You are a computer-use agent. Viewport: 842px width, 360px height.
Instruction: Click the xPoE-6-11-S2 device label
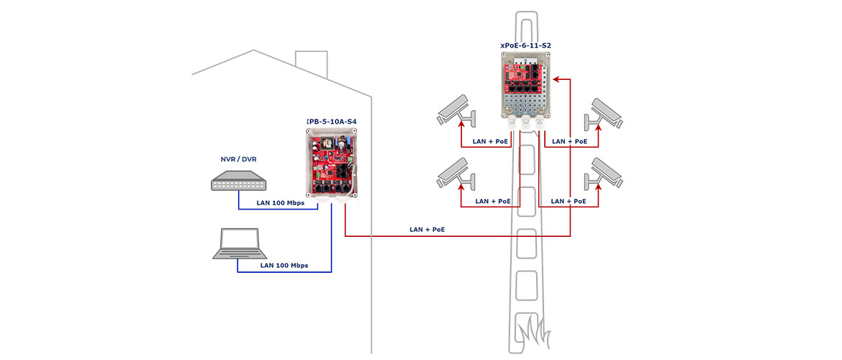(526, 46)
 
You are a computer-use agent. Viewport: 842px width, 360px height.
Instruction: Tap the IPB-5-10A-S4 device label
(331, 122)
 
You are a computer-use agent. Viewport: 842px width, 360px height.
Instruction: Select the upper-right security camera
(604, 113)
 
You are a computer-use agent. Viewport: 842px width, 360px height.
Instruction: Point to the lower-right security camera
(604, 173)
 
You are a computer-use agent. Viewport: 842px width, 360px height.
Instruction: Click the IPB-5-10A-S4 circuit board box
(331, 164)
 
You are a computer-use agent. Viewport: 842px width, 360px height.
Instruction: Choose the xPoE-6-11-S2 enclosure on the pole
(526, 88)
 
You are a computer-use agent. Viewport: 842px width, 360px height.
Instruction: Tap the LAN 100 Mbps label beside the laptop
(284, 266)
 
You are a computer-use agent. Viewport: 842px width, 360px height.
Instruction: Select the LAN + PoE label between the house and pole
(427, 230)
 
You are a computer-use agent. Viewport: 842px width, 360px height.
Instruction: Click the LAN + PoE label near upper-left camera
(489, 141)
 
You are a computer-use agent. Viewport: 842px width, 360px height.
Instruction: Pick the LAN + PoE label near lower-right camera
(569, 201)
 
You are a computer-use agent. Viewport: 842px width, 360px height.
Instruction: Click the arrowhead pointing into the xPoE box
(557, 79)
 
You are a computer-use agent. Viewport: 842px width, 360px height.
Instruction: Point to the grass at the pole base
(533, 331)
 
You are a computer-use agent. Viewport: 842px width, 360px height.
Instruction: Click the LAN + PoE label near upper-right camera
(570, 141)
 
